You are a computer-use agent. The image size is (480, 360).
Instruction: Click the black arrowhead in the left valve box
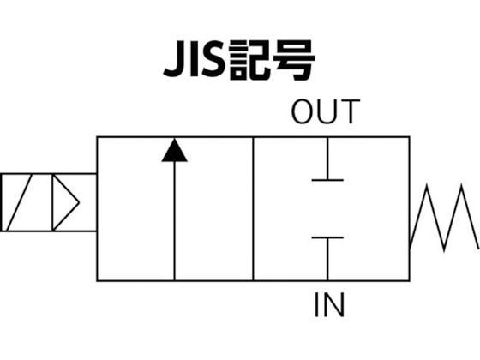click(x=175, y=151)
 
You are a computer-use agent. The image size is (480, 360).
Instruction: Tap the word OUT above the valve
click(x=326, y=111)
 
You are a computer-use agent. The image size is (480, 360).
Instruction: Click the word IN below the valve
click(x=329, y=305)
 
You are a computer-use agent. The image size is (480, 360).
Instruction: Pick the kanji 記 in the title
click(x=249, y=59)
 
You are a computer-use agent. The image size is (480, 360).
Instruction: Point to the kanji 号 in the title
click(x=293, y=60)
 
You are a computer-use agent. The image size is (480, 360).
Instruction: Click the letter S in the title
click(x=213, y=59)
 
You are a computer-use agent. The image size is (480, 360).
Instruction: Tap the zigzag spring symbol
click(x=445, y=218)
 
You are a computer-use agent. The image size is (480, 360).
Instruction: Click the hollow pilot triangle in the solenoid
click(x=66, y=202)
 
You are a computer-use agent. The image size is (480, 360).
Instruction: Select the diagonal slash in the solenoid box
click(x=19, y=202)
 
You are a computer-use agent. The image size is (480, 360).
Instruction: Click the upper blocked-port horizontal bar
click(x=327, y=180)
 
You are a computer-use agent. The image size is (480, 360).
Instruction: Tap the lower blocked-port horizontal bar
click(x=327, y=237)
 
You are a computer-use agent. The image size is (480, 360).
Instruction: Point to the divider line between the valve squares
click(x=253, y=209)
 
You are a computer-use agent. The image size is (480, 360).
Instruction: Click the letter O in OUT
click(x=303, y=111)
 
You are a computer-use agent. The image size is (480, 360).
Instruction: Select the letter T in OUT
click(x=350, y=111)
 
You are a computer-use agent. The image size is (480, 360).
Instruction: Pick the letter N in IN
click(x=334, y=305)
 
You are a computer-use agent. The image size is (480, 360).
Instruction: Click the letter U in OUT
click(x=327, y=111)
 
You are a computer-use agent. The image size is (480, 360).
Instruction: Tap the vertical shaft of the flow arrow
click(x=175, y=221)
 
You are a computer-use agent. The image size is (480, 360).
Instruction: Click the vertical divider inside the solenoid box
click(x=52, y=202)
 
